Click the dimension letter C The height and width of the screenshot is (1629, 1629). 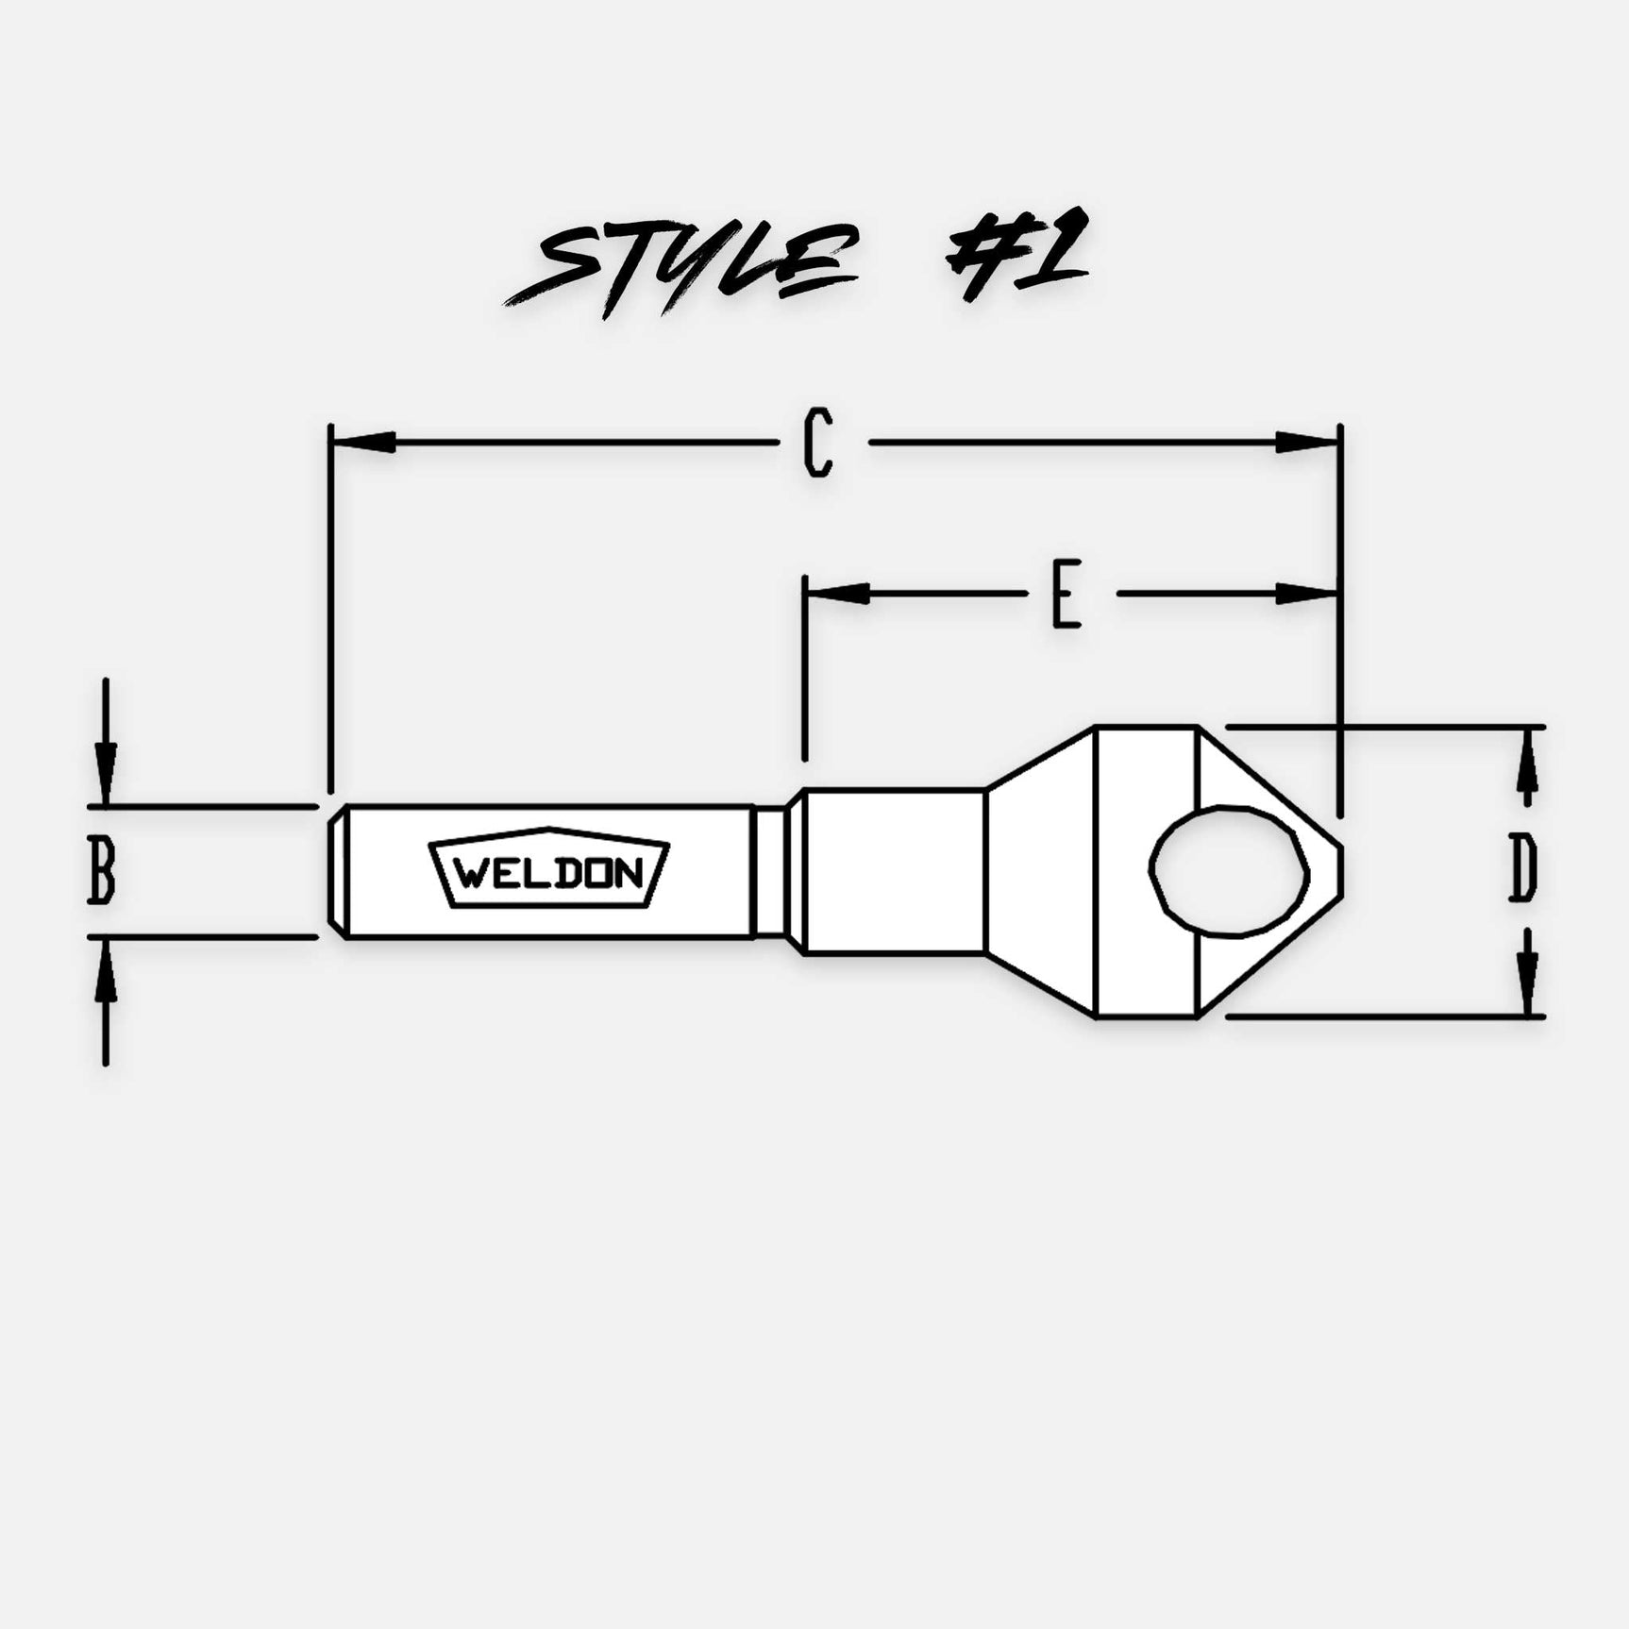coord(818,442)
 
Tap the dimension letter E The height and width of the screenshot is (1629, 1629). coord(1066,595)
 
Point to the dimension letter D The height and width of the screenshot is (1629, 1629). coord(1521,868)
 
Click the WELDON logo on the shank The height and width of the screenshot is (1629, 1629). coord(549,869)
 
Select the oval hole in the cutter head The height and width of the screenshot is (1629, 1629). coord(1229,870)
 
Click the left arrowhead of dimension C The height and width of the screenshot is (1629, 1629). coord(363,442)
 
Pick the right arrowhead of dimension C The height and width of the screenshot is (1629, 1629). coord(1307,442)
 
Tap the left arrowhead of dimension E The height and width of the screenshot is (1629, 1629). coord(837,594)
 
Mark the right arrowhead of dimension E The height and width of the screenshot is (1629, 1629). coord(1307,594)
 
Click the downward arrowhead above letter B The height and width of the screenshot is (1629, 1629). coord(106,774)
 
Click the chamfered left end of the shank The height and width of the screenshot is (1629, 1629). coord(336,871)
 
